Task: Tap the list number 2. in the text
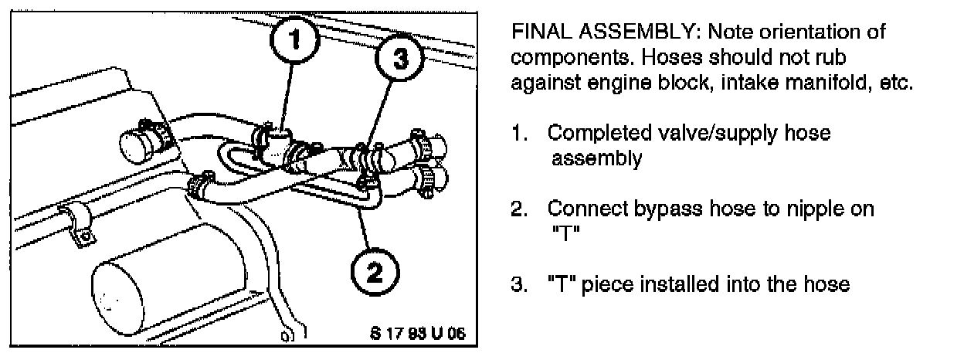click(519, 209)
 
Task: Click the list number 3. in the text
click(519, 284)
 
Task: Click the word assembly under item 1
click(596, 159)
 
